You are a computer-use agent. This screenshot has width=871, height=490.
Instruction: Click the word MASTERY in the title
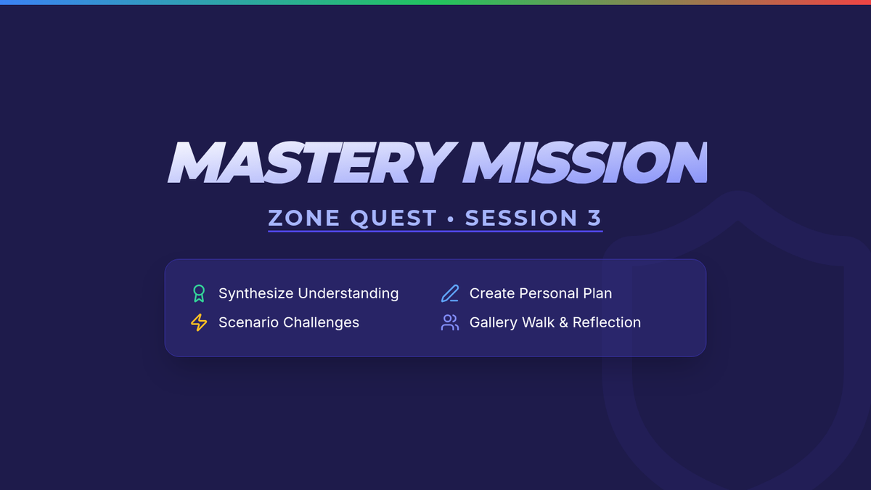tap(312, 162)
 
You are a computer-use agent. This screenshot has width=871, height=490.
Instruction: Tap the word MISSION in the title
tap(585, 162)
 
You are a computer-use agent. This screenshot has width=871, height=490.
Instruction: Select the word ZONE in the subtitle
tap(304, 218)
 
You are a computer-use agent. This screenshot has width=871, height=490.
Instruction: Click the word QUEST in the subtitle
tap(393, 219)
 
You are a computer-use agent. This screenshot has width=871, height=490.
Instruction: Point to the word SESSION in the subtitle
tap(521, 218)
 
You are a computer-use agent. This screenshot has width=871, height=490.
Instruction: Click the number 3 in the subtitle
tap(595, 218)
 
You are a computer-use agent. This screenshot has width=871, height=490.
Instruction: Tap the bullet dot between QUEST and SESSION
tap(451, 219)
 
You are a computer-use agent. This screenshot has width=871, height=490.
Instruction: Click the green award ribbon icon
tap(199, 293)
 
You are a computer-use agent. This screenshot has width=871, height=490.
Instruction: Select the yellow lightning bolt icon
tap(199, 322)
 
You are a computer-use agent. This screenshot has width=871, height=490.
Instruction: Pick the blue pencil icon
tap(450, 293)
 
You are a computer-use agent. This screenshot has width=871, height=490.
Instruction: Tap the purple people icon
tap(450, 323)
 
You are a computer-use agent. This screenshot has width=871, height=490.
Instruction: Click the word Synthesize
tap(255, 293)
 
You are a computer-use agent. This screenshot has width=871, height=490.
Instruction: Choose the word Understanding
tap(348, 293)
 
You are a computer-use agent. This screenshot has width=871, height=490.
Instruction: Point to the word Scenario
tap(248, 322)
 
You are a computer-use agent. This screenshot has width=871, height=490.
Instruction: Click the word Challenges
tap(321, 323)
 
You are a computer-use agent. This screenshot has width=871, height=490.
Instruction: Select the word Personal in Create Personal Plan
tap(549, 293)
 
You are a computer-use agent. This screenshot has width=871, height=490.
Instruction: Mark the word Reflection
tap(607, 322)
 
